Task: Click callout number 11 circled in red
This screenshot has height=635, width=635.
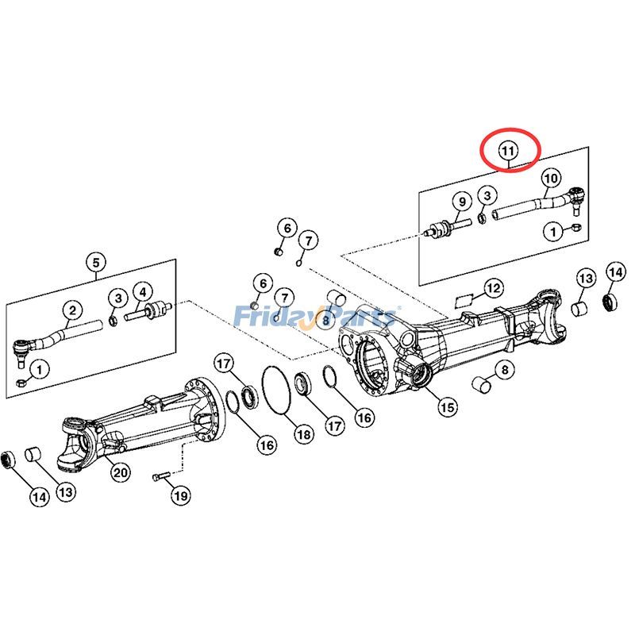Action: pyautogui.click(x=508, y=151)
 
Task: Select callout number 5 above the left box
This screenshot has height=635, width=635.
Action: pyautogui.click(x=96, y=263)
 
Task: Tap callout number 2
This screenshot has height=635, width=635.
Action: pyautogui.click(x=72, y=310)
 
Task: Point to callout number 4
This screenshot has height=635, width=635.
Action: pyautogui.click(x=143, y=292)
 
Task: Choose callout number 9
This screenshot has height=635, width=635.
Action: pyautogui.click(x=462, y=202)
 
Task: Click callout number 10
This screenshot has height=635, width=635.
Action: pyautogui.click(x=551, y=178)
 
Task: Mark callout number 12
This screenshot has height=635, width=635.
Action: pyautogui.click(x=494, y=288)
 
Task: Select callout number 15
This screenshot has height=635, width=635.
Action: pyautogui.click(x=448, y=406)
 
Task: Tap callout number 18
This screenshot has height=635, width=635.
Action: pyautogui.click(x=304, y=434)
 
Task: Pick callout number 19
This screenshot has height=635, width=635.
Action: pyautogui.click(x=180, y=495)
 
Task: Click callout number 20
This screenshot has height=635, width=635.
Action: pyautogui.click(x=121, y=472)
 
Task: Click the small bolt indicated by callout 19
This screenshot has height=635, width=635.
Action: pyautogui.click(x=160, y=477)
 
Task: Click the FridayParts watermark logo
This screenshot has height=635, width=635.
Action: pyautogui.click(x=315, y=316)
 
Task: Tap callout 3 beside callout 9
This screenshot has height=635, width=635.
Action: pyautogui.click(x=487, y=196)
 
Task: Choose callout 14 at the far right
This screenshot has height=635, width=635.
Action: pyautogui.click(x=616, y=272)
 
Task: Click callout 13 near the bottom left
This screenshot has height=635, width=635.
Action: pyautogui.click(x=66, y=492)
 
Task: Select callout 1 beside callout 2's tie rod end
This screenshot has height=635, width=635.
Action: pyautogui.click(x=39, y=369)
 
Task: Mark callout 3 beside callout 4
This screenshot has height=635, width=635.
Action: pyautogui.click(x=118, y=298)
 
